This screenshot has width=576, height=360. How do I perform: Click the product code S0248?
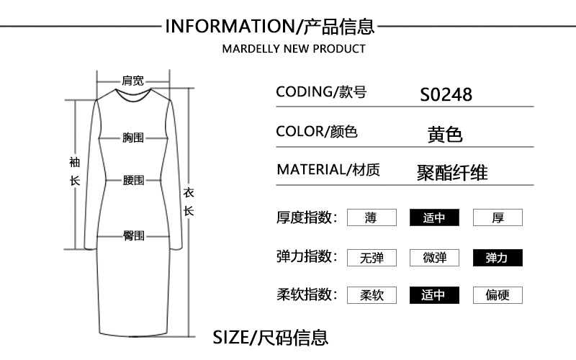click(446, 94)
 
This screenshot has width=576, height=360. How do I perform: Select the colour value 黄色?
click(444, 135)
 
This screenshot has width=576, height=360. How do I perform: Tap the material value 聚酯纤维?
click(452, 173)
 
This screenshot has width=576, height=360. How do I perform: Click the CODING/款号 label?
click(321, 92)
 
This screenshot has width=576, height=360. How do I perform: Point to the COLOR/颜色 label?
click(317, 132)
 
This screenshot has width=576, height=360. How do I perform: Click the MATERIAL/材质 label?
click(328, 170)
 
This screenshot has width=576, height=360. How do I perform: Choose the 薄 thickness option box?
click(372, 217)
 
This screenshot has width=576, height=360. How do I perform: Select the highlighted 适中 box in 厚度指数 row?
click(434, 217)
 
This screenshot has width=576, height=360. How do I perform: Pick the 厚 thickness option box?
click(498, 217)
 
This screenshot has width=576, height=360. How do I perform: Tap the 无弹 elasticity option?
click(372, 258)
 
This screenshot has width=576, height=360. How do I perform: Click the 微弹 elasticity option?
click(434, 258)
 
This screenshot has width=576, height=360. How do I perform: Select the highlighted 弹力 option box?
click(498, 258)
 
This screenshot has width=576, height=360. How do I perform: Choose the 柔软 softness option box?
click(372, 295)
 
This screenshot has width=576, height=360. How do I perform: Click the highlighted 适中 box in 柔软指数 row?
click(434, 295)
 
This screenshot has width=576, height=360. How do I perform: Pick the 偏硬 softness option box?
click(498, 295)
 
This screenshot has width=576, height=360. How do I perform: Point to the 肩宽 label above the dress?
click(132, 81)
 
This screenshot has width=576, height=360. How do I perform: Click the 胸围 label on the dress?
click(133, 137)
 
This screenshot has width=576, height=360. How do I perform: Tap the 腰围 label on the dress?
click(133, 180)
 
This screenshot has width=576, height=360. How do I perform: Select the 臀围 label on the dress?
click(133, 235)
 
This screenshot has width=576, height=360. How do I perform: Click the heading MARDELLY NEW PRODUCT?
click(293, 49)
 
